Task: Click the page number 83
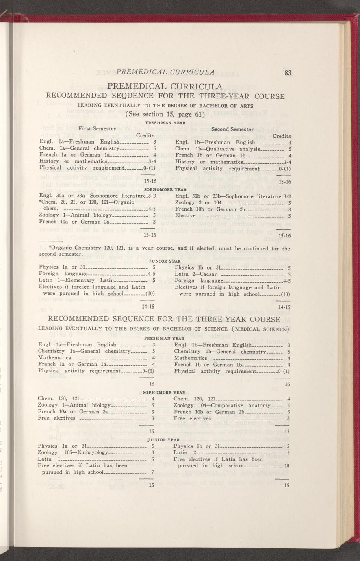[x=288, y=73]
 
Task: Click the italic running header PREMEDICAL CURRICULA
[x=165, y=72]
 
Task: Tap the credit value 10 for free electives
[x=287, y=466]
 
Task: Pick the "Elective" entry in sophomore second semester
[x=185, y=215]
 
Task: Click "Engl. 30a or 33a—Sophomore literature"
[x=91, y=196]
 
